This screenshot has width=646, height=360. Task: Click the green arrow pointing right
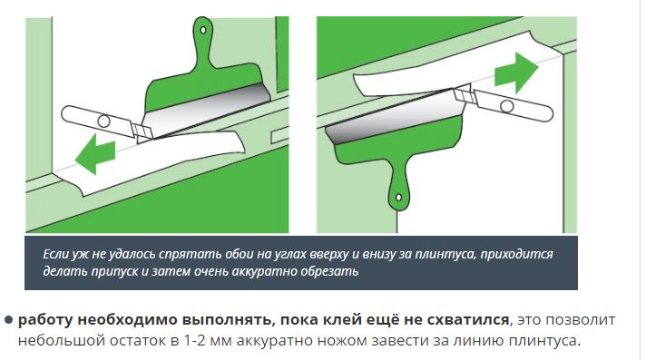[516, 73]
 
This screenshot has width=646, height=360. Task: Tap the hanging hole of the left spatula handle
[202, 30]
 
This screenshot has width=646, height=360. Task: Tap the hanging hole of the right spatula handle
[399, 198]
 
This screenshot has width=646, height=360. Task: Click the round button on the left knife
[103, 122]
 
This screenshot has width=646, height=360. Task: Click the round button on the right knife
[507, 106]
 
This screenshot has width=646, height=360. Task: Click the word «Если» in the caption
[56, 254]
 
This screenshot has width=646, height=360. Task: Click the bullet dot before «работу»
[9, 320]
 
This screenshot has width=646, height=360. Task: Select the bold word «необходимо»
[127, 320]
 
